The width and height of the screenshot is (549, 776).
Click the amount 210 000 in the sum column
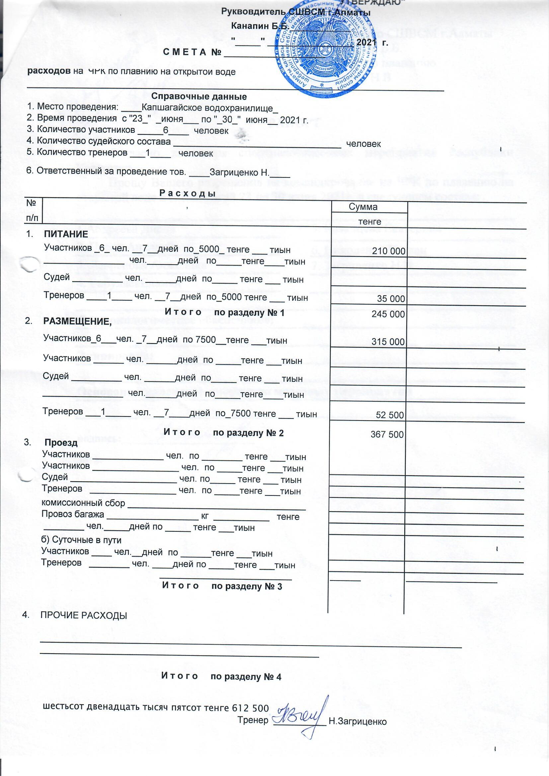coord(388,251)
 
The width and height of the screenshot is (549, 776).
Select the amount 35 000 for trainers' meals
coord(391,299)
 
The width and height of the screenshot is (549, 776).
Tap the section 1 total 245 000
coord(388,314)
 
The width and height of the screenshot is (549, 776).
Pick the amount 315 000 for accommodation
coord(388,342)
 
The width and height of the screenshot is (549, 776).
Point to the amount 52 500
coord(390,415)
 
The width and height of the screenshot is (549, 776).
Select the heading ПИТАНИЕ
coord(66,234)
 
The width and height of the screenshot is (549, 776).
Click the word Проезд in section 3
coord(61,442)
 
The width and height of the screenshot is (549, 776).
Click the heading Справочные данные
coord(199,97)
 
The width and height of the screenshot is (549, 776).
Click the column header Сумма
coord(363,207)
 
